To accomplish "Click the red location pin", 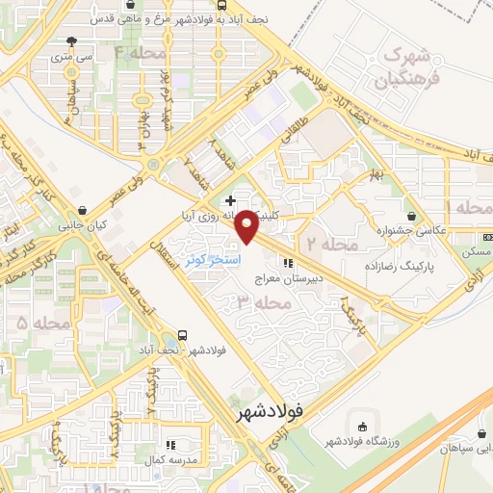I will pos(247,228).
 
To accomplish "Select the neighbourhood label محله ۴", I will pos(140,53).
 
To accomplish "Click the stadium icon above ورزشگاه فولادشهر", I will pos(362,427).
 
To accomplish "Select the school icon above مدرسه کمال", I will pos(171,445).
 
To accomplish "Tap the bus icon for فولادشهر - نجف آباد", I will pos(182,338).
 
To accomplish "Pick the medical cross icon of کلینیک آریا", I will pos(229,201).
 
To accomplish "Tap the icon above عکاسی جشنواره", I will pos(413,217).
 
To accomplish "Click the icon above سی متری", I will pos(71,40).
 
